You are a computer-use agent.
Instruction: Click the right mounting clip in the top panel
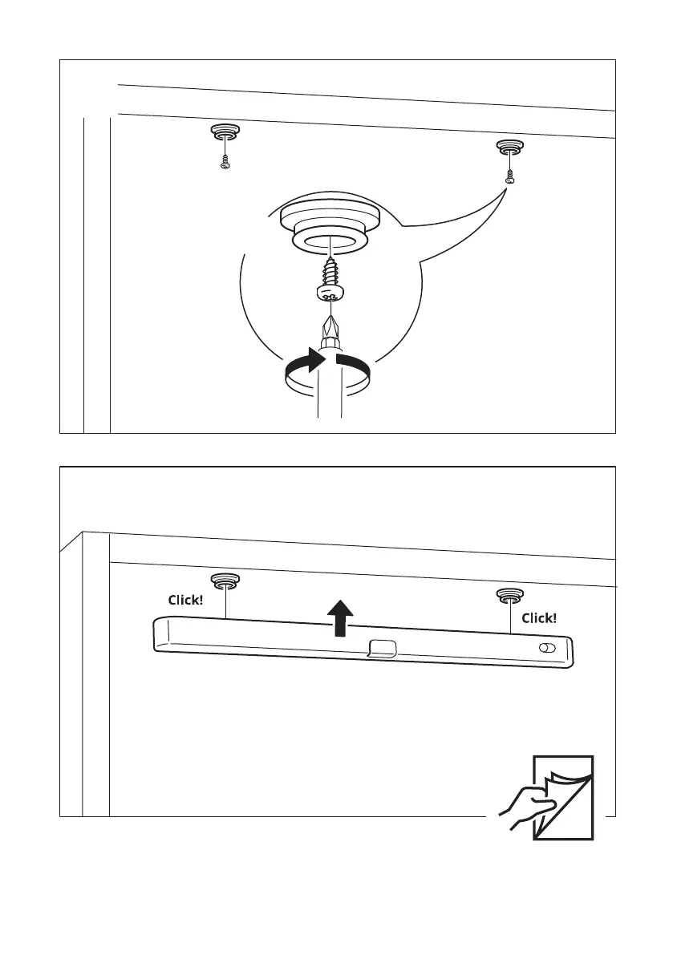(509, 147)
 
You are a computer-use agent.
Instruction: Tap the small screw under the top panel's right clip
(509, 178)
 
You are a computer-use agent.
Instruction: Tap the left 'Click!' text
(184, 600)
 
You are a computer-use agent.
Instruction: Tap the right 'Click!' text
(538, 617)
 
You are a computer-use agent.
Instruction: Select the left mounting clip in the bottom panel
(225, 581)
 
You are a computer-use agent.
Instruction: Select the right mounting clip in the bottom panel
(509, 595)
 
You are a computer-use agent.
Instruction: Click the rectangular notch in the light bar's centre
(382, 646)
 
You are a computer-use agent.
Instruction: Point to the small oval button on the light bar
(548, 648)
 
